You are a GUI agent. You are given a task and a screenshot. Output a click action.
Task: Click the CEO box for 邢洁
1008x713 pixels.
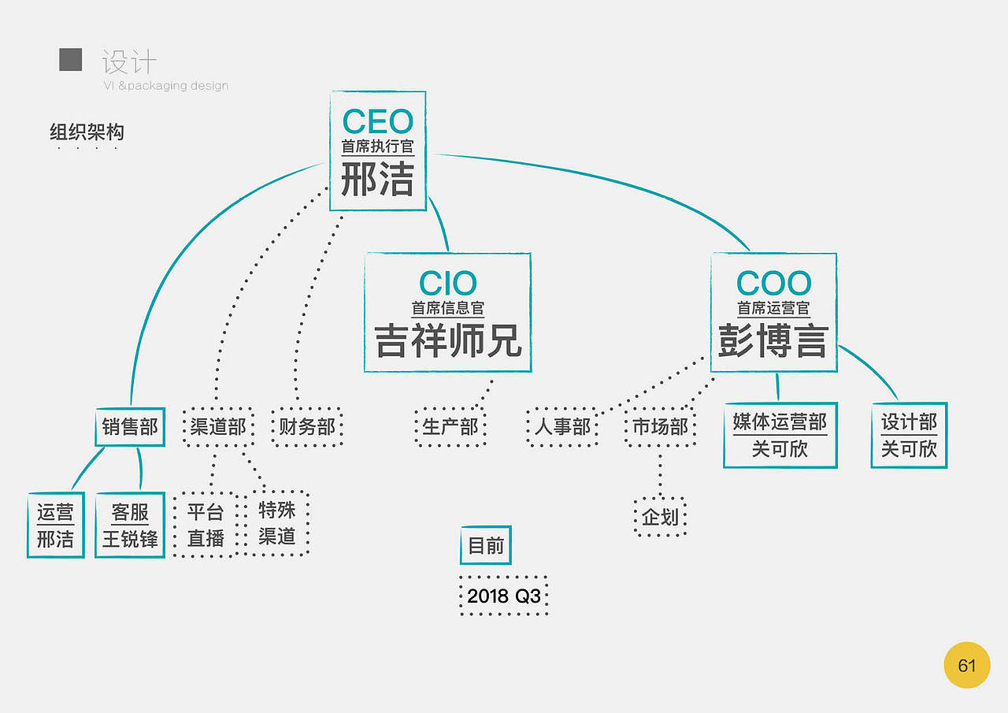pos(377,151)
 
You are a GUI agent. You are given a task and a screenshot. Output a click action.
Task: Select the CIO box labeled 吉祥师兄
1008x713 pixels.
pos(447,313)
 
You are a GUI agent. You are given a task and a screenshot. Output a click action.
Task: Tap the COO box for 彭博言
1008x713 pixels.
pos(773,313)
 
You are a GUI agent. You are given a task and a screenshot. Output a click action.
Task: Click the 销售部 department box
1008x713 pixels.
pos(130,427)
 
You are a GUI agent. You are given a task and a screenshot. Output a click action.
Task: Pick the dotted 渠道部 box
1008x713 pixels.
pos(218,427)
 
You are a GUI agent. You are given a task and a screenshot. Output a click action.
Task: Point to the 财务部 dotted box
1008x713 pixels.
pos(307,427)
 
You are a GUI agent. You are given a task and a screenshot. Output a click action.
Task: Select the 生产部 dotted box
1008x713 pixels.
pos(450,427)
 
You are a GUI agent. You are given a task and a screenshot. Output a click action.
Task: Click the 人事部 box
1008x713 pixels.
pos(562,427)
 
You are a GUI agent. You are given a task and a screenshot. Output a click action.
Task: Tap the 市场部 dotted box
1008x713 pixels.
pos(660,427)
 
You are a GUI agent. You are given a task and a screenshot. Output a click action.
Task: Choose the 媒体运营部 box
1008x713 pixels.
pos(780,435)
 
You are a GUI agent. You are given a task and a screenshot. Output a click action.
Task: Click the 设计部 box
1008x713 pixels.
pos(909,435)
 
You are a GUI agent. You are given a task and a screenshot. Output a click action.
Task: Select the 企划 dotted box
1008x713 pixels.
pos(660,518)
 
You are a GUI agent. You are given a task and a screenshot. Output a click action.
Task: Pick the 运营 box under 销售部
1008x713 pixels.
pos(55,525)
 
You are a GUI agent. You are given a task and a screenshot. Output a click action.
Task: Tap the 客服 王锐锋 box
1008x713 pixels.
pos(130,525)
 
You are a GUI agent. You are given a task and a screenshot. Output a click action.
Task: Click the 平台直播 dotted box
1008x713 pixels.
pos(206,525)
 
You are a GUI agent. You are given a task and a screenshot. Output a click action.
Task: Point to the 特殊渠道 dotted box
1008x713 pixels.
pos(277,523)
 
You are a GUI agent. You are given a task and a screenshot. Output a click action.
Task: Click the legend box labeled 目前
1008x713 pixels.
pos(485,545)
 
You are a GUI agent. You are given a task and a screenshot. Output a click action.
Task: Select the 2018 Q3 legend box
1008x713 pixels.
pos(504,596)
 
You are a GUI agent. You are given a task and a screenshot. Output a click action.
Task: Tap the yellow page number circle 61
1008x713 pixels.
pos(966,666)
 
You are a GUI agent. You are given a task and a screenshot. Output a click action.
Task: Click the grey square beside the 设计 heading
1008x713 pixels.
pos(71,60)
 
